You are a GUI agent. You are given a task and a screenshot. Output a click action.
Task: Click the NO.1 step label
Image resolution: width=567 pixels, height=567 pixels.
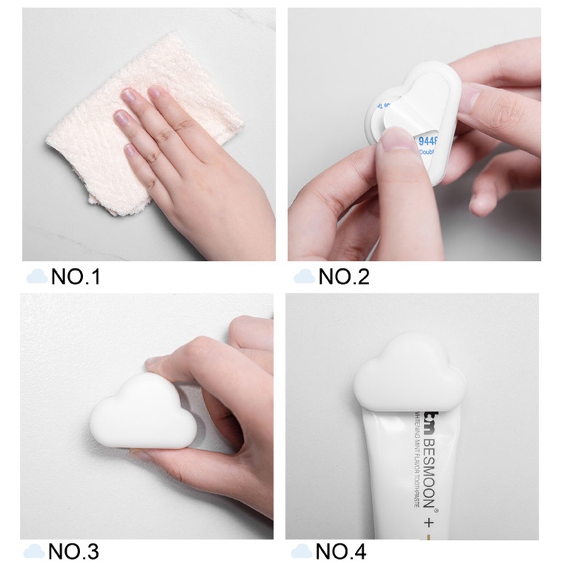pos(76,276)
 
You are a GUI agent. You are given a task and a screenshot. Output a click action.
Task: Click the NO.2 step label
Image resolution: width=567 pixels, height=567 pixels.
pos(344,276)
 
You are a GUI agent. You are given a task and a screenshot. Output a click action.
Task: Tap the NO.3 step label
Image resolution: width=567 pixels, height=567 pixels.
pos(74,551)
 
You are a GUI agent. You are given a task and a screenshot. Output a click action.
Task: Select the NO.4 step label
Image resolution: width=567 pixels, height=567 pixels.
pos(341,551)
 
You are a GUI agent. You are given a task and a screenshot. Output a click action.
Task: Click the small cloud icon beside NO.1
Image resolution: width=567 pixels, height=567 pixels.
pos(37,276)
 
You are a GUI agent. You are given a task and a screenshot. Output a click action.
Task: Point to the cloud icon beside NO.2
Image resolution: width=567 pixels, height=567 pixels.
pos(305,276)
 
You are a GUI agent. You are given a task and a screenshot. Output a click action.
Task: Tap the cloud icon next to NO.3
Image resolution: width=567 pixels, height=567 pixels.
pos(33,551)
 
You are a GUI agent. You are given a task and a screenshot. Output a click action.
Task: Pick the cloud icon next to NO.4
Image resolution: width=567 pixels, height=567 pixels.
pos(301,551)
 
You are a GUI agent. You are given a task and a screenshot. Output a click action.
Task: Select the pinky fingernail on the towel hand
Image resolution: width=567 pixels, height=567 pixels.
pos(130,150)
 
